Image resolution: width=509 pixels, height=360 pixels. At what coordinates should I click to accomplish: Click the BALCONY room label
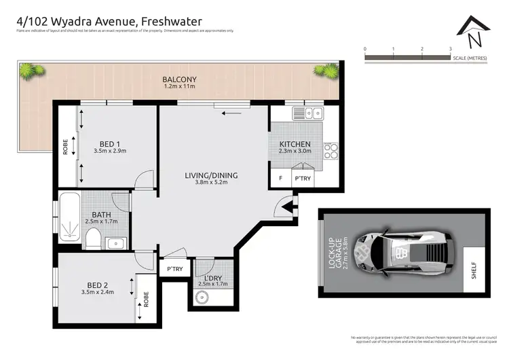179,78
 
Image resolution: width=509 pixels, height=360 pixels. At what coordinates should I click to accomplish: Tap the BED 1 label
109,144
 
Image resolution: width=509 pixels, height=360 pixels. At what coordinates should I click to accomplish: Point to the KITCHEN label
295,144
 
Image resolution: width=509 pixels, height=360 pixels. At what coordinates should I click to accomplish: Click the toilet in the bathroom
94,238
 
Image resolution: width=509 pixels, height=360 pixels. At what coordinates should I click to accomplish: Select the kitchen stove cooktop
331,150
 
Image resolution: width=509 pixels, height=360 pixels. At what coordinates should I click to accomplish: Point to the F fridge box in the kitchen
280,179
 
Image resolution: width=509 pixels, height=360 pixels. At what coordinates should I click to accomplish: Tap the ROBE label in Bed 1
66,147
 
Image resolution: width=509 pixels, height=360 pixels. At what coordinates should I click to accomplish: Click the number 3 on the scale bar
451,49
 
